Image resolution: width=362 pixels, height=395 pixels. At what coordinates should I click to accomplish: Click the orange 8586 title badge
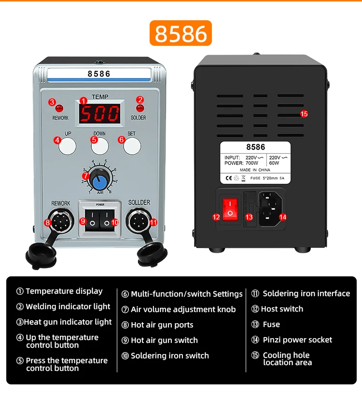[x=181, y=33]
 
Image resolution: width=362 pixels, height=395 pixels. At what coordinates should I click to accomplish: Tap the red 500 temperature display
[x=100, y=113]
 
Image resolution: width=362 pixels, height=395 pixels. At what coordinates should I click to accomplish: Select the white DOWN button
[x=100, y=146]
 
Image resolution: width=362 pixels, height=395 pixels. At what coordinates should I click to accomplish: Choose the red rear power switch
[x=230, y=212]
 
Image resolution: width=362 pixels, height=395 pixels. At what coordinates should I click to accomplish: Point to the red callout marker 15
[x=304, y=114]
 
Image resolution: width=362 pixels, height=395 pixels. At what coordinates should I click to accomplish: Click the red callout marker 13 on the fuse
[x=249, y=217]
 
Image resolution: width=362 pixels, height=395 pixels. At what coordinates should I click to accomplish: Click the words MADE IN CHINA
[x=255, y=170]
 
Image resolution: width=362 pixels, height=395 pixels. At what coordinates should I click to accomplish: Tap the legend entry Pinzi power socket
[x=297, y=340]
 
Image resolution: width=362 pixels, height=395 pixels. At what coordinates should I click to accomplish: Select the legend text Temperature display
[x=64, y=291]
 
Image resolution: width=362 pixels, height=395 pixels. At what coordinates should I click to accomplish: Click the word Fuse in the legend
[x=271, y=325]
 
